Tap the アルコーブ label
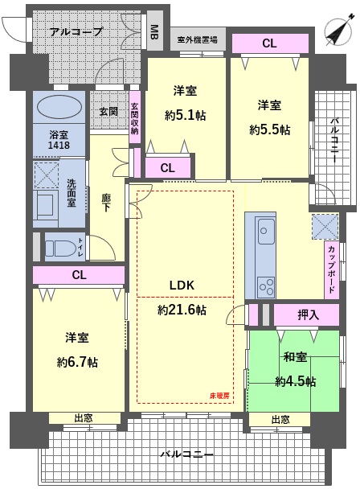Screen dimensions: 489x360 point(76,32)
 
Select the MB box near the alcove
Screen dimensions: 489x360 point(153,33)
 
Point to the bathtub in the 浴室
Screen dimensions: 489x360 point(59,107)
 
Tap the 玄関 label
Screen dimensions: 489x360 point(109,111)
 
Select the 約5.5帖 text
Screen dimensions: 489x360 point(269,129)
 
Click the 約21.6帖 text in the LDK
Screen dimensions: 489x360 point(182,310)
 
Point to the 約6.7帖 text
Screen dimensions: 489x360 point(77,362)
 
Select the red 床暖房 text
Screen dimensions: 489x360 point(220,396)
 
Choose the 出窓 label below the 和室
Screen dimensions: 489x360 point(280,419)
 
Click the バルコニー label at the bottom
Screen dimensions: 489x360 point(186,454)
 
